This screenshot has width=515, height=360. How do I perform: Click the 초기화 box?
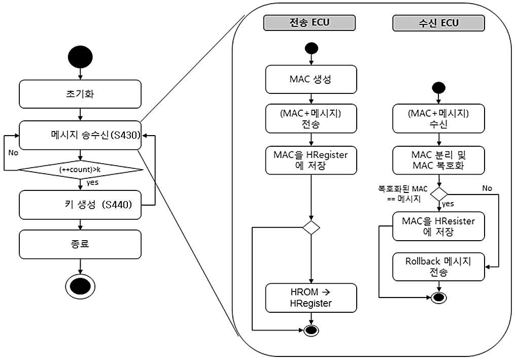pyautogui.click(x=80, y=94)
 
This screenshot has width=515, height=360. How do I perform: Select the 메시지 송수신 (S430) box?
pyautogui.click(x=80, y=135)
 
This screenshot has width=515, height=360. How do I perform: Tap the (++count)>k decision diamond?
pyautogui.click(x=80, y=170)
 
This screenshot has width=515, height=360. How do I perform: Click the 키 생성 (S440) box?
pyautogui.click(x=80, y=205)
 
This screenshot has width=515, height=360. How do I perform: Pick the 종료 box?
pyautogui.click(x=80, y=244)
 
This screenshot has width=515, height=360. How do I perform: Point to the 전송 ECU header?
pyautogui.click(x=310, y=23)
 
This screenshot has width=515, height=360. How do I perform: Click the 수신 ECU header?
pyautogui.click(x=438, y=23)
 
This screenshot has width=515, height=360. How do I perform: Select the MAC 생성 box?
pyautogui.click(x=311, y=79)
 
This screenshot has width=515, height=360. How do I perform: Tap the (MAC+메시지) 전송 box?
pyautogui.click(x=311, y=119)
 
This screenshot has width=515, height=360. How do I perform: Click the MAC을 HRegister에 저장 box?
pyautogui.click(x=311, y=160)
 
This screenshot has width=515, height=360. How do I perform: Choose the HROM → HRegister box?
pyautogui.click(x=311, y=298)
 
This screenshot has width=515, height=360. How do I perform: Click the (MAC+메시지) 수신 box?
pyautogui.click(x=438, y=119)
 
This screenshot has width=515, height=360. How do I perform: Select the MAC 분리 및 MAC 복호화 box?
pyautogui.click(x=438, y=160)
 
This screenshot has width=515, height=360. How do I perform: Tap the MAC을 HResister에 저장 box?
pyautogui.click(x=438, y=226)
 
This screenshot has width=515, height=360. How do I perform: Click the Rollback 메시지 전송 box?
pyautogui.click(x=438, y=267)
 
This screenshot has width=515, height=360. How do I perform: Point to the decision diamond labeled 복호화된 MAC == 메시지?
pyautogui.click(x=439, y=194)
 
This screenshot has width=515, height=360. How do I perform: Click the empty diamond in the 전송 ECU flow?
pyautogui.click(x=311, y=227)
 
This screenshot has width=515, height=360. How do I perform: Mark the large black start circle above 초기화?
pyautogui.click(x=80, y=57)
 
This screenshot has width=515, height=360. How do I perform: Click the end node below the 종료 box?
pyautogui.click(x=80, y=286)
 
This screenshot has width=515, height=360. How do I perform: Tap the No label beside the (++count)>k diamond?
pyautogui.click(x=13, y=153)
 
